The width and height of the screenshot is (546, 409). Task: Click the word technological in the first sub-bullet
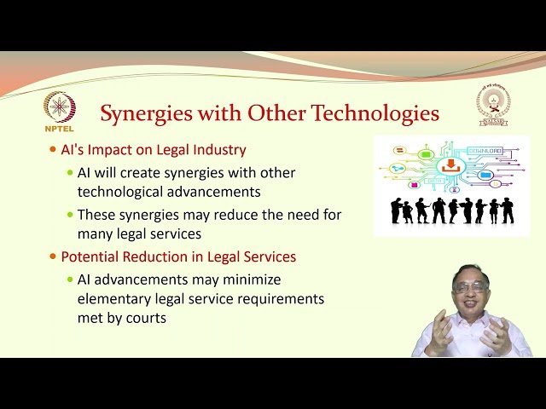(119, 192)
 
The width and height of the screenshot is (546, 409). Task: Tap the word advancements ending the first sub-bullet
(216, 192)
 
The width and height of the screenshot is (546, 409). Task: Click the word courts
(147, 319)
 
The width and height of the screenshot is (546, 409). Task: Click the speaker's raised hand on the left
(439, 331)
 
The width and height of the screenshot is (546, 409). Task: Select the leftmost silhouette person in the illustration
(396, 211)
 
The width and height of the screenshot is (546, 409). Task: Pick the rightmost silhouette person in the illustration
(508, 210)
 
